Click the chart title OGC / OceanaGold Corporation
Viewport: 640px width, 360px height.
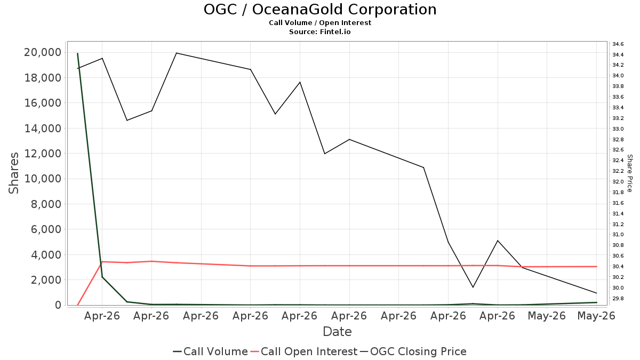320,10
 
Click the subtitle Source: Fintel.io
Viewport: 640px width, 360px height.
319,31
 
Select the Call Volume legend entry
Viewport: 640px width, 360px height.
210,351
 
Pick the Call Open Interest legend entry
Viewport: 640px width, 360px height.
303,351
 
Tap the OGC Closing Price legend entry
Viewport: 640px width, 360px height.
413,351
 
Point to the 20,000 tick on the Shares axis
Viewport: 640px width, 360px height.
43,52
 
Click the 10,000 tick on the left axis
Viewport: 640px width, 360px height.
43,179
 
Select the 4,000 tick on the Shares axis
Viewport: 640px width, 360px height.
46,254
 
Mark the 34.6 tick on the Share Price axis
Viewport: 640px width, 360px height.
618,44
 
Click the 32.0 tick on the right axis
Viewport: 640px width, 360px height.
618,182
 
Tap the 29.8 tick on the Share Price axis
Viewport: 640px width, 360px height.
618,299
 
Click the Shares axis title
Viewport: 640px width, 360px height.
13,173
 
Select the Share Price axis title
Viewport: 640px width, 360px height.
629,173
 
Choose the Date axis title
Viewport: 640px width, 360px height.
337,332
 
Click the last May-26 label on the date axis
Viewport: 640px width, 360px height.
596,316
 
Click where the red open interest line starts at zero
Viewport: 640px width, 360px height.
77,305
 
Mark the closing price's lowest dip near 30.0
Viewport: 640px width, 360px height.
473,287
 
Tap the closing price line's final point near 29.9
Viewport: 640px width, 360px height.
597,293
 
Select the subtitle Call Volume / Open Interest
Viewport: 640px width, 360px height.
320,23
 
